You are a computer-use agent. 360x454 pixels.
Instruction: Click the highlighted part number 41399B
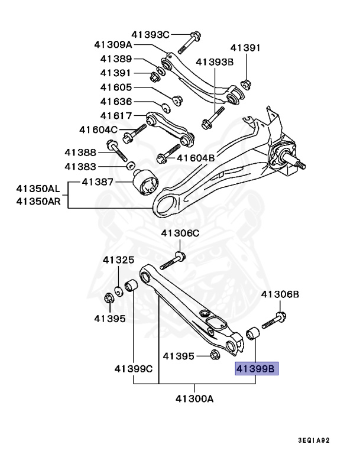(255, 369)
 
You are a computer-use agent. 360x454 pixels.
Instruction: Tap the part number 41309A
(113, 44)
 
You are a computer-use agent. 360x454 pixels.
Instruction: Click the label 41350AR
(38, 202)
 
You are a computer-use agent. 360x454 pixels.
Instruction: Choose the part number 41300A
(193, 398)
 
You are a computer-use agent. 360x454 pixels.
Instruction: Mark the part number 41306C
(181, 233)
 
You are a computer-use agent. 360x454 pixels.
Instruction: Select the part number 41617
(116, 115)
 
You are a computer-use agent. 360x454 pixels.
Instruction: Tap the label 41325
(118, 260)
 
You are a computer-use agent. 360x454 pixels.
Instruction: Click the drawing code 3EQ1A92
(322, 440)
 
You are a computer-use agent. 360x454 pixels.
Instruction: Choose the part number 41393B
(215, 61)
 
